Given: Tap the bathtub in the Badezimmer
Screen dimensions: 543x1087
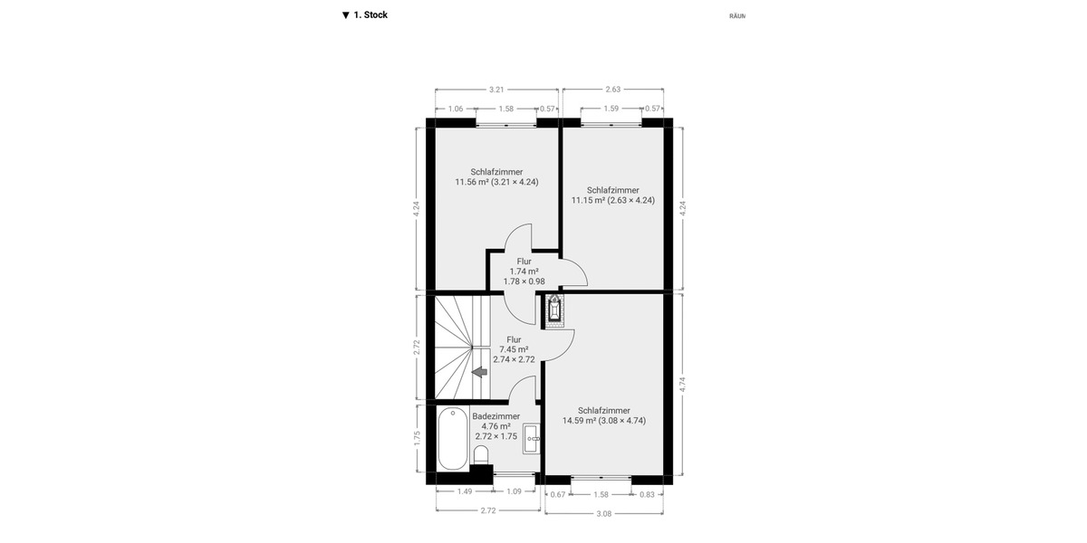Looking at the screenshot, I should coord(452,440).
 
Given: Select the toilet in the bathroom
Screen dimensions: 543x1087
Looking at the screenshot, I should coord(481,452).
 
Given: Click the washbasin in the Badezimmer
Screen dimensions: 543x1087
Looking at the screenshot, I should coord(532,438).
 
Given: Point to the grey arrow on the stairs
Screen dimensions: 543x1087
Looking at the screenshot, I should coord(479,371).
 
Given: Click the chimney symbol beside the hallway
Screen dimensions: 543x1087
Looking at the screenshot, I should coord(553,310).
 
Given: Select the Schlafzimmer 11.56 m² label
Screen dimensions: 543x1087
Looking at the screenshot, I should coord(496,176).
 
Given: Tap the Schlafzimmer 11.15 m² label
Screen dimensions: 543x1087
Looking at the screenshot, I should coord(612,195).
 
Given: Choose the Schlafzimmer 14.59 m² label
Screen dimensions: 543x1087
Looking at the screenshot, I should coord(603,415).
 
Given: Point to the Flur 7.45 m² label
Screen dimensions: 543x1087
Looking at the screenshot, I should coord(514,349).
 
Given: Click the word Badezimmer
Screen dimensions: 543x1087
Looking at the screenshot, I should coord(495,416).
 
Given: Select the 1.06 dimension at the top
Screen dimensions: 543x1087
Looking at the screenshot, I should coord(456,109).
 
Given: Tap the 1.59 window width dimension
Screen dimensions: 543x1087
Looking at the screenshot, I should coord(611,109).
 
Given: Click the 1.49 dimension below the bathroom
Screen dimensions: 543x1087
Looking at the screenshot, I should coord(464,491).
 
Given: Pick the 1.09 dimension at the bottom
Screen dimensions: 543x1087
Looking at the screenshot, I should coord(513,491).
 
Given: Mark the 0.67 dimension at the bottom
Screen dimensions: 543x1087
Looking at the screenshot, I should coord(558,495).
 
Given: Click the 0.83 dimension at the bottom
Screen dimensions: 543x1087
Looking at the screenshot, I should coord(646,495).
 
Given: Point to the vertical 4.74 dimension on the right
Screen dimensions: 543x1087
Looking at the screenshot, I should coord(682,383).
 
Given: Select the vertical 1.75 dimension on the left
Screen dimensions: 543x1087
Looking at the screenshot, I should coord(418,438).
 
